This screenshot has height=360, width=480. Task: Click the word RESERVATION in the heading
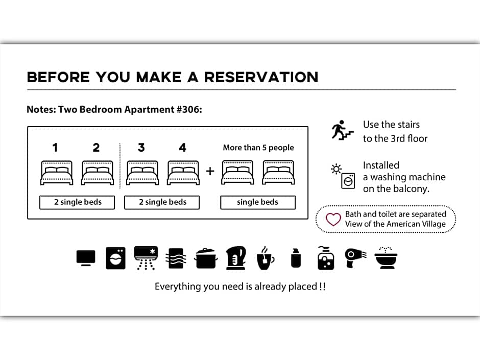(x=261, y=78)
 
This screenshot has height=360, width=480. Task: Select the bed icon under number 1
(x=56, y=173)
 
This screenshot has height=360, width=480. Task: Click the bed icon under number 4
(x=183, y=173)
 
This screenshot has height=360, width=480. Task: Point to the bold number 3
(x=141, y=148)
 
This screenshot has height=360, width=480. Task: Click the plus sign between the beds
(x=210, y=171)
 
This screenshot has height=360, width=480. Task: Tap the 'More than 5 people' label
(x=258, y=148)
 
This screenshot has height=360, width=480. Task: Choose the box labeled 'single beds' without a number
(x=258, y=202)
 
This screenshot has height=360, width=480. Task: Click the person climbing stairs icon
(x=342, y=130)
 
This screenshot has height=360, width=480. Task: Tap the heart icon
(x=333, y=220)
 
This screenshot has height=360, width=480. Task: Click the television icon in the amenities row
(x=86, y=257)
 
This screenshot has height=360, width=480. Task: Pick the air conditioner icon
(x=146, y=257)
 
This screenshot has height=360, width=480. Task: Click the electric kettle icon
(x=235, y=257)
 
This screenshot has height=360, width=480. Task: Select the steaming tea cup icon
(x=265, y=257)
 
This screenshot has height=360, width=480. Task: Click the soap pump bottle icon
(x=325, y=257)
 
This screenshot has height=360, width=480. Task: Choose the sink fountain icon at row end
(x=386, y=257)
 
